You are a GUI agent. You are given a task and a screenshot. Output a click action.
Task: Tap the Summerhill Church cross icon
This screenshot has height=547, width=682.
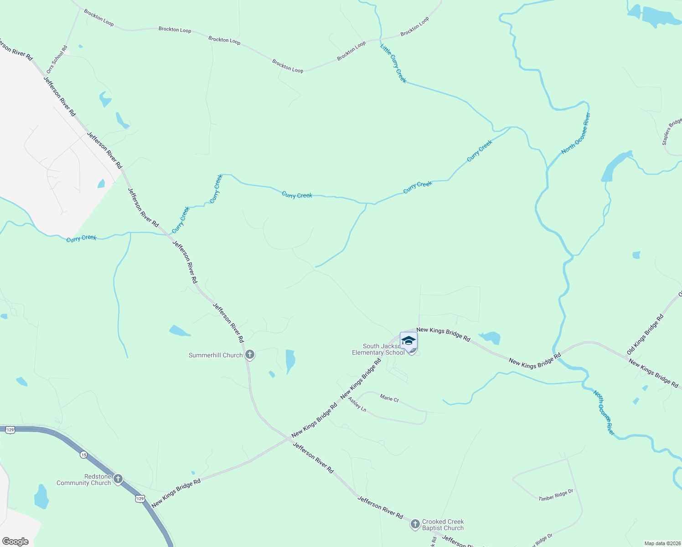coord(249,355)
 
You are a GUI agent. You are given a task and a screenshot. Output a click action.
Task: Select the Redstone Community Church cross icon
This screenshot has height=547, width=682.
coord(118,479)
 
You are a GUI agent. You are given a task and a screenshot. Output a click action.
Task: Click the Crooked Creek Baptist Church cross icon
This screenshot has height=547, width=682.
coord(415,524)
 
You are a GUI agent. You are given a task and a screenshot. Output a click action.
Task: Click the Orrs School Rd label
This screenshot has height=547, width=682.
coord(57,59)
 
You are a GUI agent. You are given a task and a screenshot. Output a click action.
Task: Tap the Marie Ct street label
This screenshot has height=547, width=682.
coord(389,398)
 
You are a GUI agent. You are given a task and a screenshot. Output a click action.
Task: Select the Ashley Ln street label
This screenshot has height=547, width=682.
coord(357,404)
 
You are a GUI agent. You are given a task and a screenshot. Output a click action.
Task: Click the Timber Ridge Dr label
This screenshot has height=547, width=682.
coord(556,495)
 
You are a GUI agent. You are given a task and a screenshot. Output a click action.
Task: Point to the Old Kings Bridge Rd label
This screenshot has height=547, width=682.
coord(645,334)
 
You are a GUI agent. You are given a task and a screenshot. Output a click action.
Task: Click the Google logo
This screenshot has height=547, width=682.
coord(15,542)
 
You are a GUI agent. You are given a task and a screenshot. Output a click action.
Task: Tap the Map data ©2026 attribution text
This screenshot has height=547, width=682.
coord(662,543)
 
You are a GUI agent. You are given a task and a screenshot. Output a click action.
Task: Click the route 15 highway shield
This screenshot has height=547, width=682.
coord(83,454)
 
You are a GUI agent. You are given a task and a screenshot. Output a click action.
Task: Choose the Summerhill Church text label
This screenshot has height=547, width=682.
coord(216,355)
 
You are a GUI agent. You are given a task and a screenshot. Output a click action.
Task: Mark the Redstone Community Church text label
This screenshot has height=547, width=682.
coord(84,480)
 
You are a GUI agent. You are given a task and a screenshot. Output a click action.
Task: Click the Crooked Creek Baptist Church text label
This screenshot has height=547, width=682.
coord(443,525)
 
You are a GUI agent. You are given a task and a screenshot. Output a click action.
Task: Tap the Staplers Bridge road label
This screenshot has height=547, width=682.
coord(672,132)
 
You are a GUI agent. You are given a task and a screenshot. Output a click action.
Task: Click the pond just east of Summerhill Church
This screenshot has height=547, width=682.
coord(290,360)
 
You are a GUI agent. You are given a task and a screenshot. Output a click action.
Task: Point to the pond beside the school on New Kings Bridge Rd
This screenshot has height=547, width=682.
coord(491,338)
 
